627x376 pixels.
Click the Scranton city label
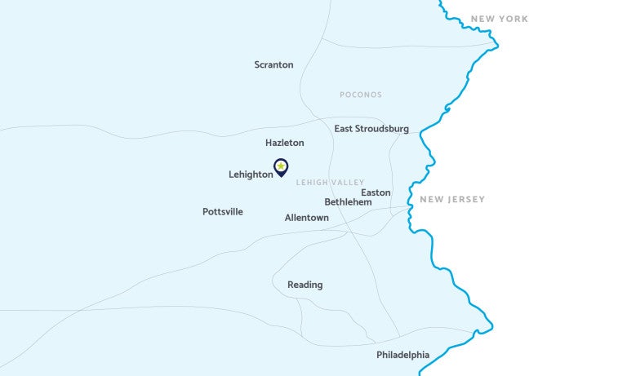pos(273,64)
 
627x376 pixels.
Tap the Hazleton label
pos(284,143)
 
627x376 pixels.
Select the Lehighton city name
pos(251,175)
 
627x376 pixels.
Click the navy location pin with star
pos(281,167)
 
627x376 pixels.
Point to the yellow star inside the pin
pos(281,166)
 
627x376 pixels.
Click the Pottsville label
pos(223,212)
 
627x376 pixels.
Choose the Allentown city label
pos(306,218)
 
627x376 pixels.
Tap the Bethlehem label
pos(348,201)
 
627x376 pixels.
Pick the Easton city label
pos(376,192)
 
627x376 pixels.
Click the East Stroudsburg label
pos(371,129)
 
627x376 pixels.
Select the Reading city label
pos(305,285)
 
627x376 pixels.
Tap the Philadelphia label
pos(402,355)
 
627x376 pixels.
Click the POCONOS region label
pos(361,95)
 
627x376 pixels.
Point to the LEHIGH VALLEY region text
pos(331,183)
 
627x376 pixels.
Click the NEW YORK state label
pos(500,19)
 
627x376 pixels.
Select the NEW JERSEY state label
pos(452,199)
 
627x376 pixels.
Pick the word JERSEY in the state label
pos(468,199)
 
